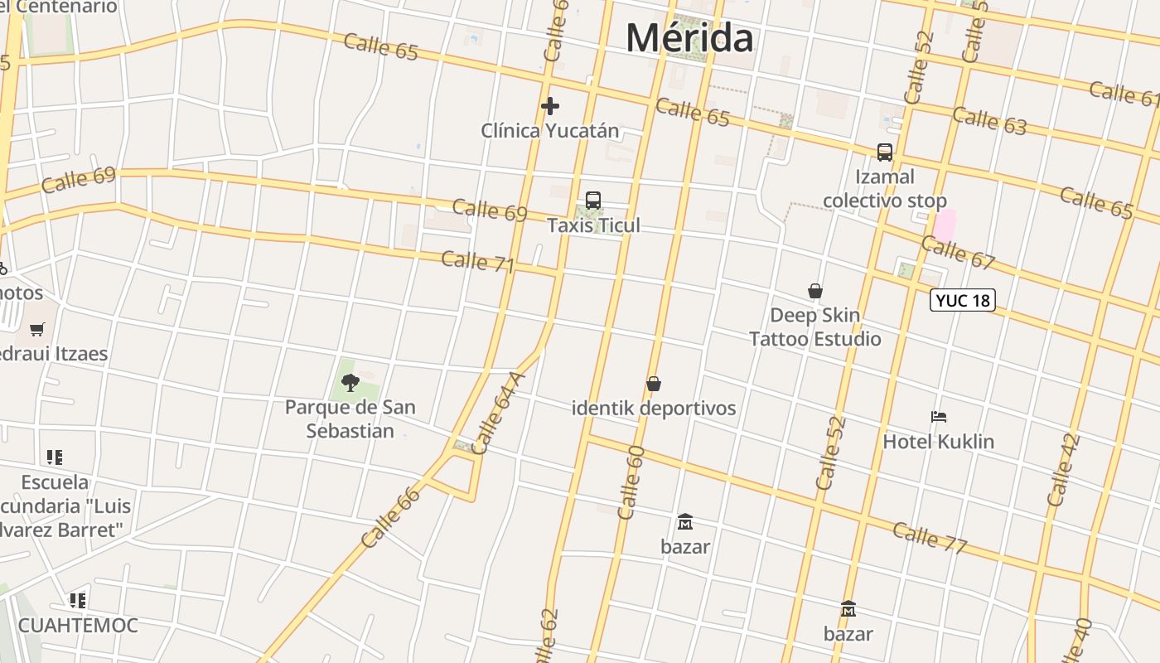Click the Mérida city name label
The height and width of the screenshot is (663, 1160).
click(689, 37)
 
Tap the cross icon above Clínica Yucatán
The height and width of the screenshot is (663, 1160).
click(549, 106)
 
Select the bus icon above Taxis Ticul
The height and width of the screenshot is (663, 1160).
click(593, 200)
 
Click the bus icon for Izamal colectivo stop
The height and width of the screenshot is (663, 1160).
click(885, 152)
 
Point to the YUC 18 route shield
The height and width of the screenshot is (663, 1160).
click(962, 300)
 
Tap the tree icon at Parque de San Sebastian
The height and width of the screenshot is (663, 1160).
click(350, 382)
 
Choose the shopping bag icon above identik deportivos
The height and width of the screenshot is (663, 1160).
click(654, 384)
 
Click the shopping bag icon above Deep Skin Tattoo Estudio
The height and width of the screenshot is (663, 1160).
click(815, 291)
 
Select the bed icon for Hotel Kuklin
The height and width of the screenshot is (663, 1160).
click(938, 417)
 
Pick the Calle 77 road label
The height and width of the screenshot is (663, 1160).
click(930, 537)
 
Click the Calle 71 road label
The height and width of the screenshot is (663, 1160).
click(477, 262)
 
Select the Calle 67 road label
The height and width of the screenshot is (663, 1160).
click(958, 252)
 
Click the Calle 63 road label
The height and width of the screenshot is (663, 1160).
click(989, 121)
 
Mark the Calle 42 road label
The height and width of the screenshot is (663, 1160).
click(1064, 470)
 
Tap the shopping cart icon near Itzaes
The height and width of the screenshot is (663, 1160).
click(36, 330)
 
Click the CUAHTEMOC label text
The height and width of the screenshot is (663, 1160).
click(78, 625)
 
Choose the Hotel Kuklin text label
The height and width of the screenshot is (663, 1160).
click(938, 442)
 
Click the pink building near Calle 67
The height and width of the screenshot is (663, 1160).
click(945, 225)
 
